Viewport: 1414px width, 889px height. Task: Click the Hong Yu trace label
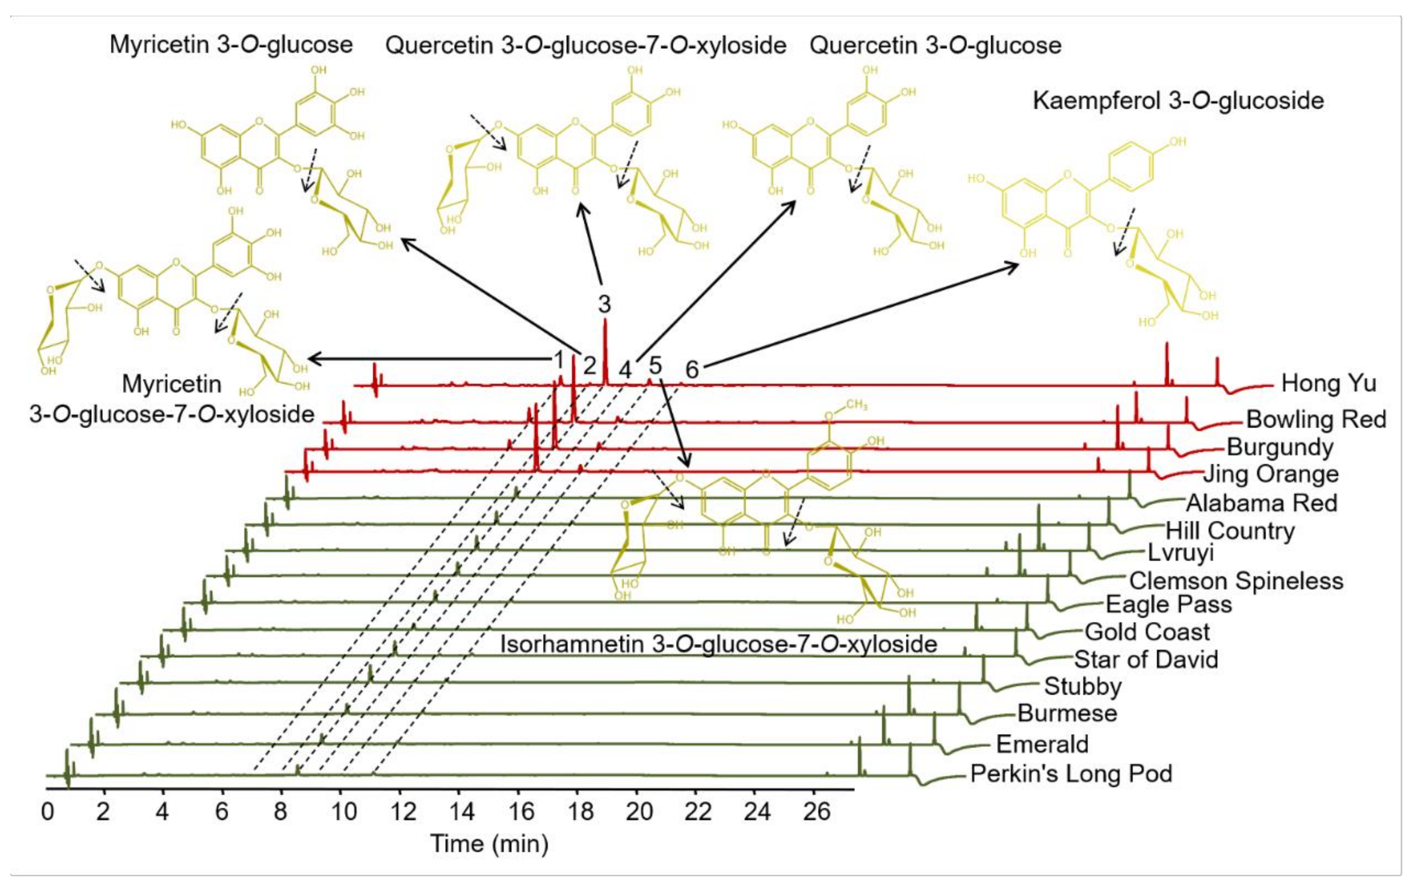(1328, 383)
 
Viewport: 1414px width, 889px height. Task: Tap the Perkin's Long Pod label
(1071, 774)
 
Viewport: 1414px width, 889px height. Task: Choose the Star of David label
(1146, 659)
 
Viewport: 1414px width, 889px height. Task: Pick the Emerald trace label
(1042, 744)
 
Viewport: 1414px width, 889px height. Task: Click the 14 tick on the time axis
(462, 812)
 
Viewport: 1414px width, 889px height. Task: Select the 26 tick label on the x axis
(816, 812)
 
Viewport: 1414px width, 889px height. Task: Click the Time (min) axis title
(489, 844)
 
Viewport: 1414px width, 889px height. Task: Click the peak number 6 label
(692, 370)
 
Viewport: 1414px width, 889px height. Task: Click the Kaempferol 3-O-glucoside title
(1178, 101)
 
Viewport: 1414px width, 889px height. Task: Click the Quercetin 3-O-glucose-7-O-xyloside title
(585, 45)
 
